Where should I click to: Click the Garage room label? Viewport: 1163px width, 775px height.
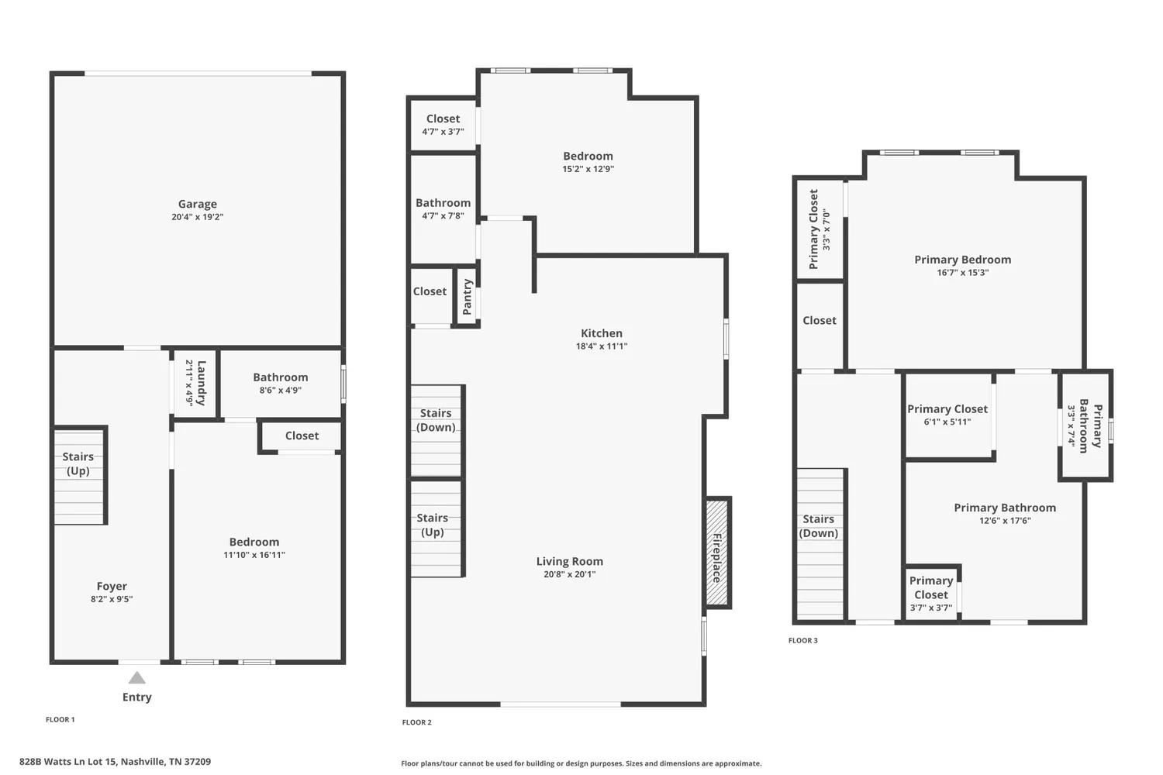tap(197, 204)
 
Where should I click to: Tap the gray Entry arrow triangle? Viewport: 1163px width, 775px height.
tap(137, 678)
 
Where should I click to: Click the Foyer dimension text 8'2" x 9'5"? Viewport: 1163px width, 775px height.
tap(112, 599)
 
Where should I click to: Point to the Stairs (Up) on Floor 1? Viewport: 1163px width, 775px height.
tap(78, 464)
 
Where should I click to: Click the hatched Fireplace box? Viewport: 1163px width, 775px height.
tap(716, 553)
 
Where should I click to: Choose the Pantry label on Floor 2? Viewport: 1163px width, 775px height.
tap(467, 297)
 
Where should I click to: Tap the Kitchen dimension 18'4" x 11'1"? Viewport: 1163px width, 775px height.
tap(601, 346)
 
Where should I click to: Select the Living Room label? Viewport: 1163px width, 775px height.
tap(569, 561)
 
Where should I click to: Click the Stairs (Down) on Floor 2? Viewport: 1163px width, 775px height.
tap(436, 421)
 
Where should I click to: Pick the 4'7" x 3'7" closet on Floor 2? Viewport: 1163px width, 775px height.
tap(443, 125)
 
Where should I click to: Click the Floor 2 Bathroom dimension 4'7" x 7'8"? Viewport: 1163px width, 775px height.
tap(443, 216)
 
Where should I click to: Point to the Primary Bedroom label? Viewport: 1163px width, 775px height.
tap(962, 260)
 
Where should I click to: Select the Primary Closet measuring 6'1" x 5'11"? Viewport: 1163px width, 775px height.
tap(947, 415)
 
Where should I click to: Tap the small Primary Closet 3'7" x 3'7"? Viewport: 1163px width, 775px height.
tap(931, 594)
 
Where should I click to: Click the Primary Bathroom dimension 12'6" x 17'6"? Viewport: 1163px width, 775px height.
tap(1005, 521)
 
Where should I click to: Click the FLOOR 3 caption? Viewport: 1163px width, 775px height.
tap(802, 640)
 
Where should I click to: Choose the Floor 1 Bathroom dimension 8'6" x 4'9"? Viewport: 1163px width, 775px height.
tap(280, 391)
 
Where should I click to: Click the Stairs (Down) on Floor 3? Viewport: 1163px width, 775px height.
tap(819, 526)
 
